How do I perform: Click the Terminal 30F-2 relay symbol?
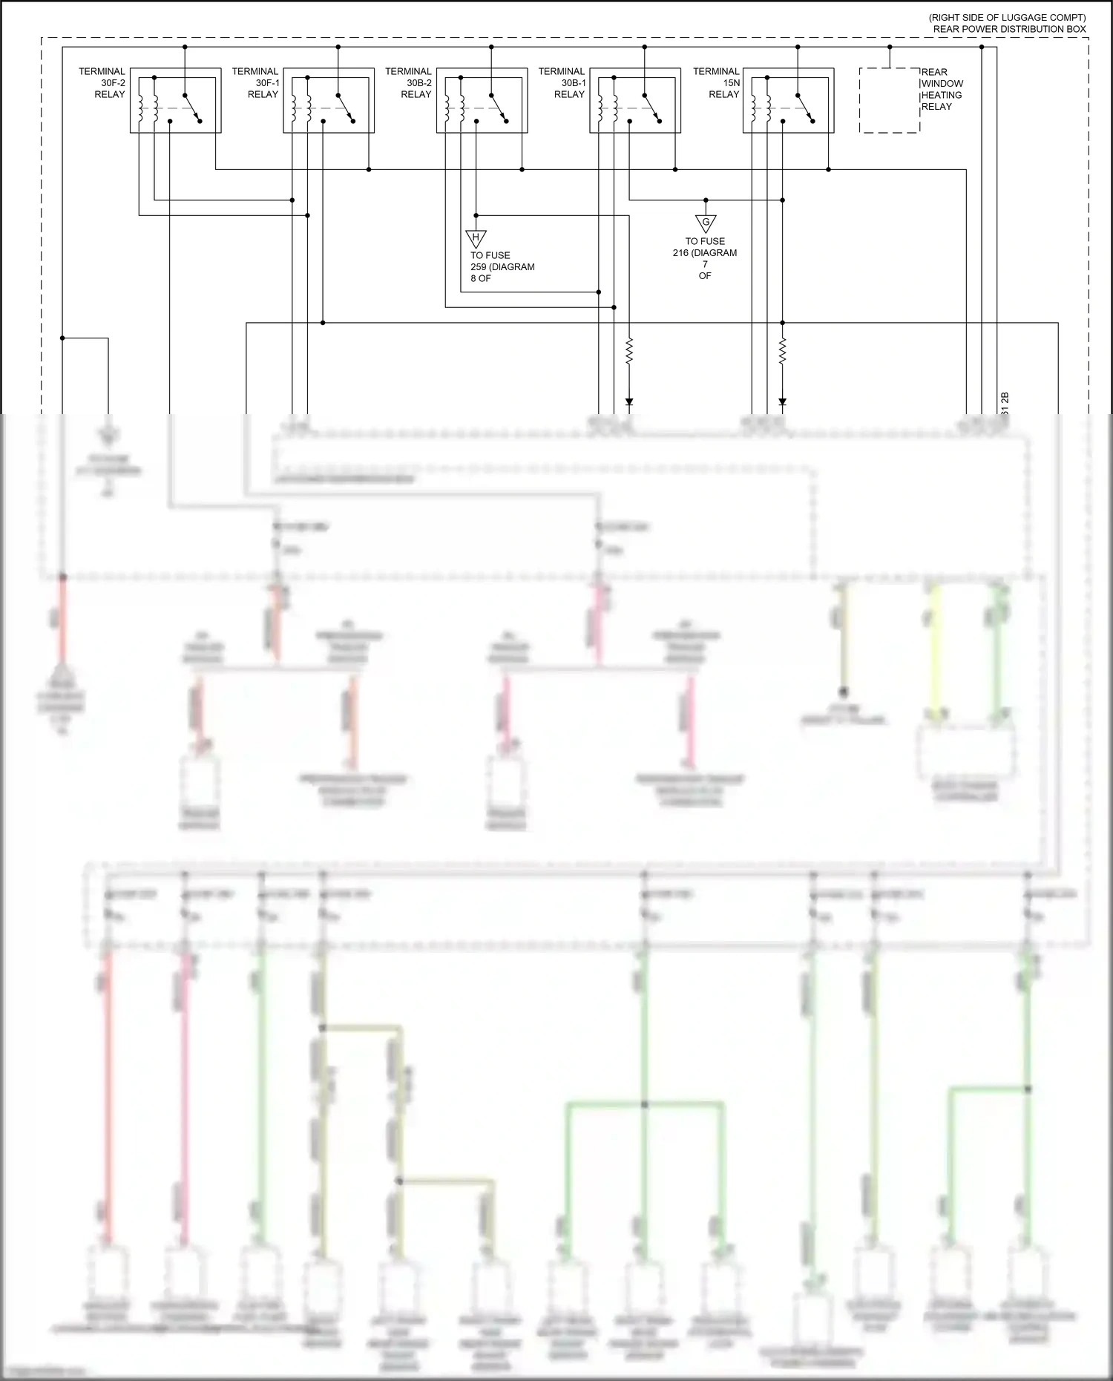[175, 101]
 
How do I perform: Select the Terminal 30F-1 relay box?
[329, 101]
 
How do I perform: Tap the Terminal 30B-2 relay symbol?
[482, 101]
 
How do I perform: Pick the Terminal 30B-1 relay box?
[635, 101]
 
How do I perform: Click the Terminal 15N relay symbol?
[788, 101]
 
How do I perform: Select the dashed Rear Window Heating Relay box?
[889, 101]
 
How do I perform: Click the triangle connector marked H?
[476, 237]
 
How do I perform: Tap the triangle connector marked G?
[706, 223]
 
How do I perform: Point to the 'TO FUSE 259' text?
[502, 266]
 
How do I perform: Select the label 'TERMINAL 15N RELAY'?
[716, 83]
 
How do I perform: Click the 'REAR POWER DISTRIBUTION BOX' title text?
[1009, 29]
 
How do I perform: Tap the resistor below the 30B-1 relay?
[629, 352]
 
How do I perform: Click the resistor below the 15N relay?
[782, 352]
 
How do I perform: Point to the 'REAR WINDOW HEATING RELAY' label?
[942, 89]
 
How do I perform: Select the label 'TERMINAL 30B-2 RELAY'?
[408, 83]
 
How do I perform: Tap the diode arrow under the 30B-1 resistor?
[629, 402]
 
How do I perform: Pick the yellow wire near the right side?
[935, 653]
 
